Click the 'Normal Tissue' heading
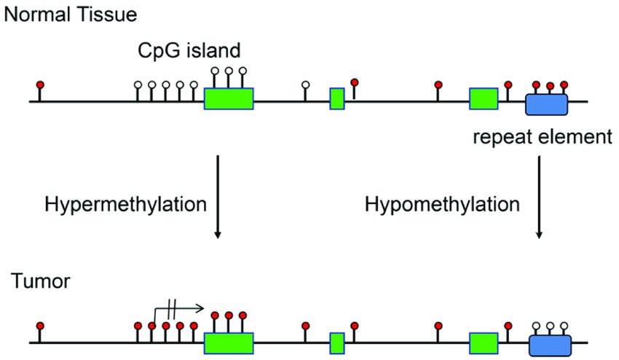[70, 15]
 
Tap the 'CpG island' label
[189, 50]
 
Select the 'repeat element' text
[543, 137]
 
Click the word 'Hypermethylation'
[125, 205]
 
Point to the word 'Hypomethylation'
[442, 205]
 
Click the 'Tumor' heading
[41, 281]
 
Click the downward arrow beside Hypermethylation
[218, 197]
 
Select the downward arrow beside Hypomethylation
[539, 197]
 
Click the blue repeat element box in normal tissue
[546, 104]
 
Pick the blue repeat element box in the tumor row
[550, 345]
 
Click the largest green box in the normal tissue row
[229, 98]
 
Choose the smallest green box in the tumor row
[337, 343]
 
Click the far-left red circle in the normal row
[40, 85]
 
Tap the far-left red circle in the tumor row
[40, 326]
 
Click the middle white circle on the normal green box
[229, 71]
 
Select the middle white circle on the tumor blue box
[550, 326]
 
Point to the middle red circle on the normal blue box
[550, 85]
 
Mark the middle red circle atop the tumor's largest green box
[229, 316]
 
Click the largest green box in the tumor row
[229, 343]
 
